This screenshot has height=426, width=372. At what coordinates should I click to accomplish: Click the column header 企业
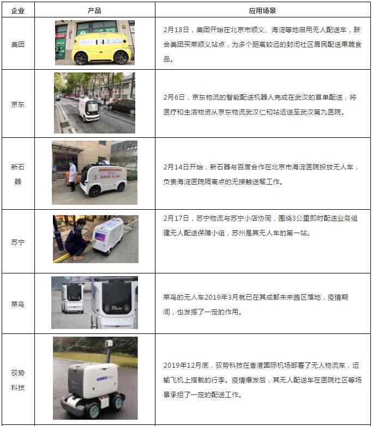pyautogui.click(x=18, y=10)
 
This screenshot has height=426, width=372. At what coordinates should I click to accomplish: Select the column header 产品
pyautogui.click(x=94, y=10)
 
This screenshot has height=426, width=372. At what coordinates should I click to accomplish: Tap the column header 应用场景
pyautogui.click(x=262, y=10)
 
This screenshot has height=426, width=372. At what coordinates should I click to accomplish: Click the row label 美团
pyautogui.click(x=18, y=44)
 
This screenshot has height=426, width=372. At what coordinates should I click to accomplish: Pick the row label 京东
pyautogui.click(x=18, y=105)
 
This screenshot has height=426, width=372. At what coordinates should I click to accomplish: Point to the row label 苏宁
pyautogui.click(x=18, y=242)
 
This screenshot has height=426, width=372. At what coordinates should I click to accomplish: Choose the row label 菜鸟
pyautogui.click(x=18, y=304)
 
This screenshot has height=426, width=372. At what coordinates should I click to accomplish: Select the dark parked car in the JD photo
pyautogui.click(x=122, y=106)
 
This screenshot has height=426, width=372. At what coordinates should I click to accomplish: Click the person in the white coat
pyautogui.click(x=73, y=175)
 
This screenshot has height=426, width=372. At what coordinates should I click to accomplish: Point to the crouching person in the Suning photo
pyautogui.click(x=76, y=239)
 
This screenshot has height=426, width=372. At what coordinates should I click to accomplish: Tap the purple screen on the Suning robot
pyautogui.click(x=100, y=236)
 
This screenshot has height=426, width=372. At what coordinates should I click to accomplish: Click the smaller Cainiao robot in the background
pyautogui.click(x=73, y=298)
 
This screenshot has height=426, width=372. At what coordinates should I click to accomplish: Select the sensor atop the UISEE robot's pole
pyautogui.click(x=109, y=343)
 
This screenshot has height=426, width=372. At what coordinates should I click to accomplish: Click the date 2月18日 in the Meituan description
pyautogui.click(x=176, y=30)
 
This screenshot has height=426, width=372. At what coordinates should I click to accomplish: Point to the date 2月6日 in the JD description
pyautogui.click(x=174, y=98)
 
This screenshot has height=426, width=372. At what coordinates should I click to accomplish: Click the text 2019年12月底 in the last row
pyautogui.click(x=186, y=366)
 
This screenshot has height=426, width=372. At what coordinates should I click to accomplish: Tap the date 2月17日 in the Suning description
pyautogui.click(x=176, y=218)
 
